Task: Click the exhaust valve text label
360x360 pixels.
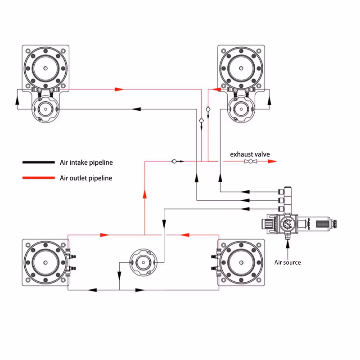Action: click(250, 154)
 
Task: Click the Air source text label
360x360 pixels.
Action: click(288, 262)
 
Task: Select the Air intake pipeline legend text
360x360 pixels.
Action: click(86, 162)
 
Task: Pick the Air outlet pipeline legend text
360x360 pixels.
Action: click(86, 178)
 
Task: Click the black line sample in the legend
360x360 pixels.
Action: click(38, 162)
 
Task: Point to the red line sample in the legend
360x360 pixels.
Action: click(38, 178)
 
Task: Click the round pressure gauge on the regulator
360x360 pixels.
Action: click(287, 224)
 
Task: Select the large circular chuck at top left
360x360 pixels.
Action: click(46, 68)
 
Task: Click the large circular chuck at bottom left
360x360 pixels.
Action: click(45, 263)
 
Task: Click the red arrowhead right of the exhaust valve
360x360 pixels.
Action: click(271, 162)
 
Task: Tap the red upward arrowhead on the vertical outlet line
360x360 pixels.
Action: click(144, 194)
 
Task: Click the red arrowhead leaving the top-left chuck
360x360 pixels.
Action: click(119, 90)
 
